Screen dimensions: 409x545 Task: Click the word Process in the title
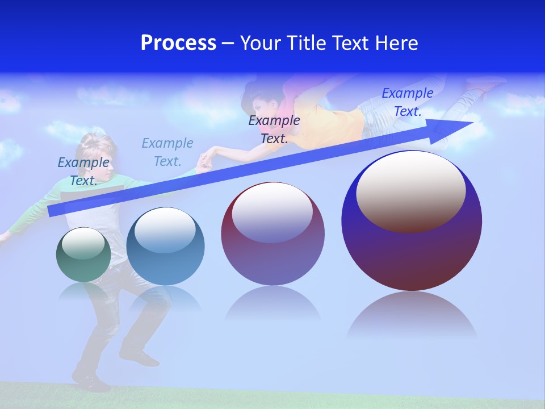tap(178, 43)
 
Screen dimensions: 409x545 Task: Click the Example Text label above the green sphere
tap(83, 171)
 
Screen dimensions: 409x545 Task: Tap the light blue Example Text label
tap(167, 152)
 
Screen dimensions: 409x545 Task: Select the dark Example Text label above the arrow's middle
tap(274, 129)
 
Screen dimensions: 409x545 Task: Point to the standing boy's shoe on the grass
tap(91, 383)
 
